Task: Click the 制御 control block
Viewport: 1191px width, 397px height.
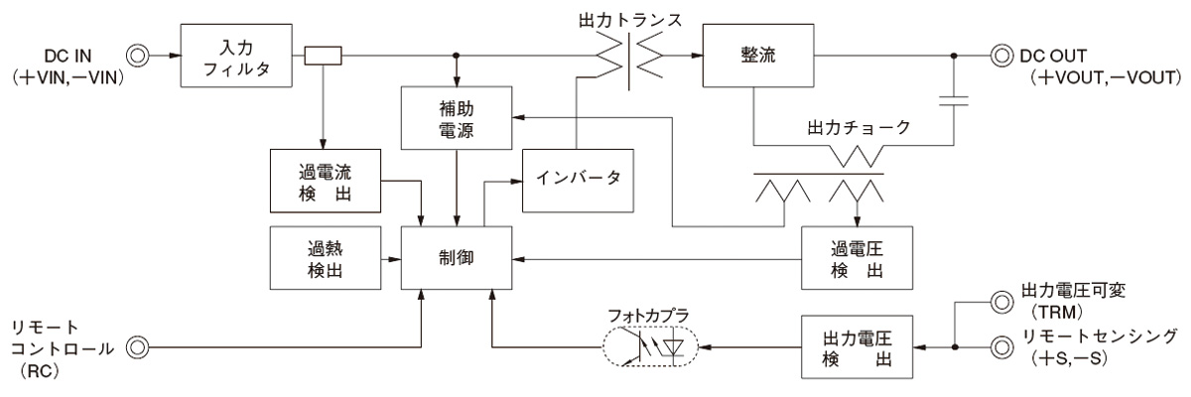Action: pyautogui.click(x=458, y=257)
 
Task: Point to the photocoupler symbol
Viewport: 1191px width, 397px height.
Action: pyautogui.click(x=650, y=347)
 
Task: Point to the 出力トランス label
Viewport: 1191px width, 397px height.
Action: pyautogui.click(x=631, y=19)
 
